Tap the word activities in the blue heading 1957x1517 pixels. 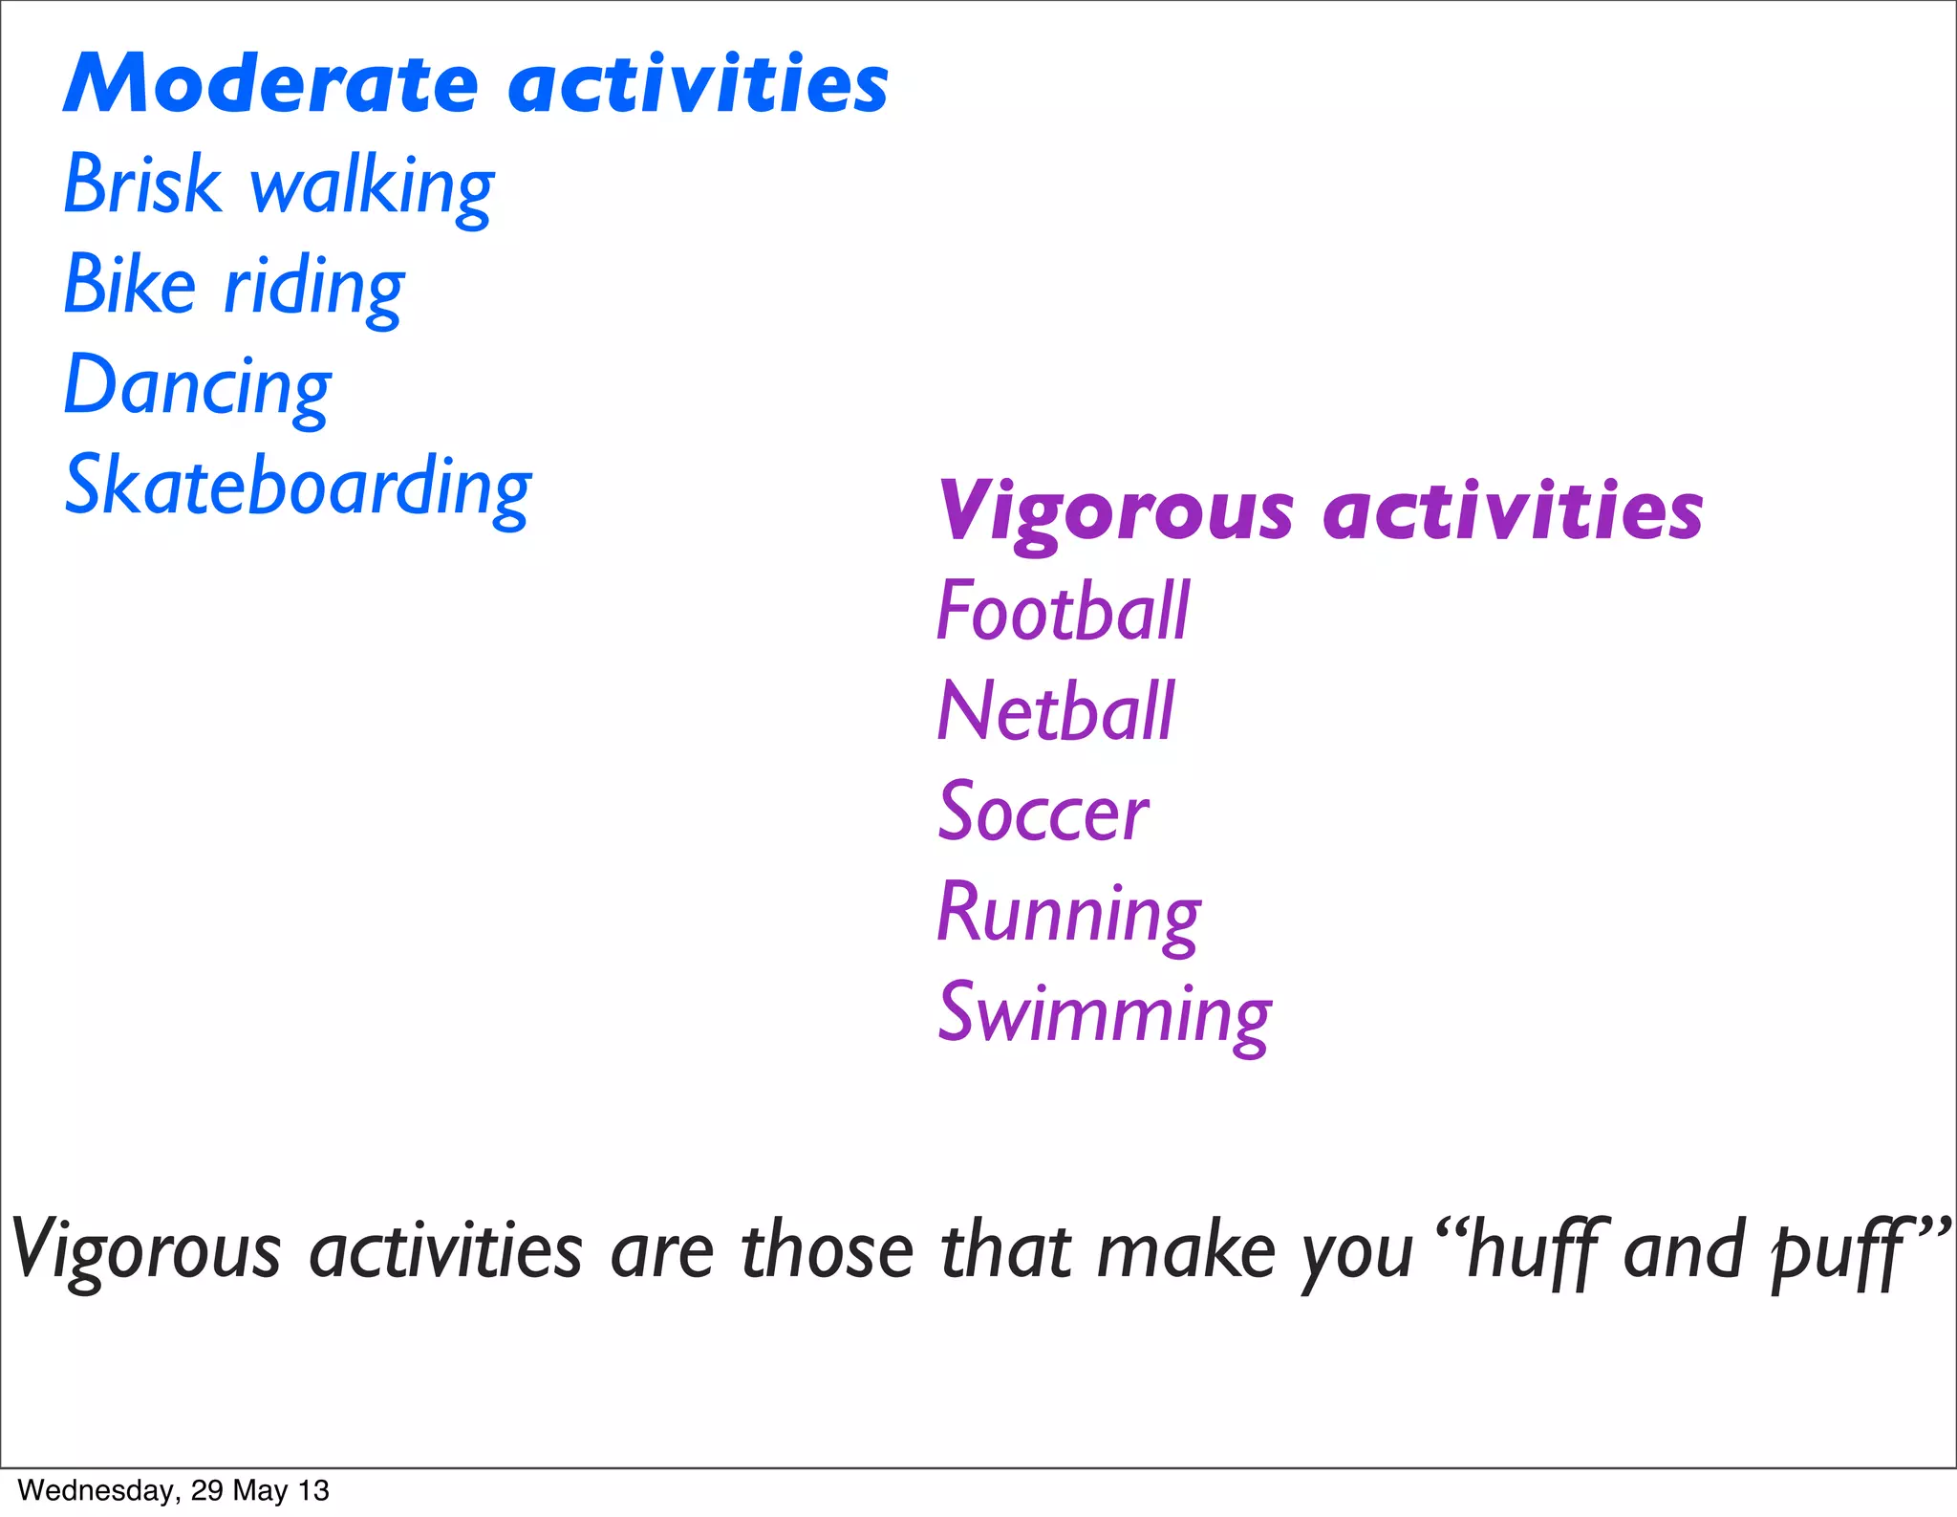coord(699,84)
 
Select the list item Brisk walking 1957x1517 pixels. coord(278,185)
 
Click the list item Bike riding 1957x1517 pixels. coord(234,287)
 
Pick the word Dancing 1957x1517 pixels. coord(197,387)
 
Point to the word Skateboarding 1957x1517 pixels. coord(297,488)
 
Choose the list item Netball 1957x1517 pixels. coord(1055,712)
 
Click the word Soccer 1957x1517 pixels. coord(1043,813)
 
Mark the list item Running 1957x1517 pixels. coord(1067,914)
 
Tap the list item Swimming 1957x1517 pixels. coord(1104,1014)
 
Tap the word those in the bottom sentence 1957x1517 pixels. coord(828,1251)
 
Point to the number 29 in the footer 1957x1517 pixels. coord(206,1490)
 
